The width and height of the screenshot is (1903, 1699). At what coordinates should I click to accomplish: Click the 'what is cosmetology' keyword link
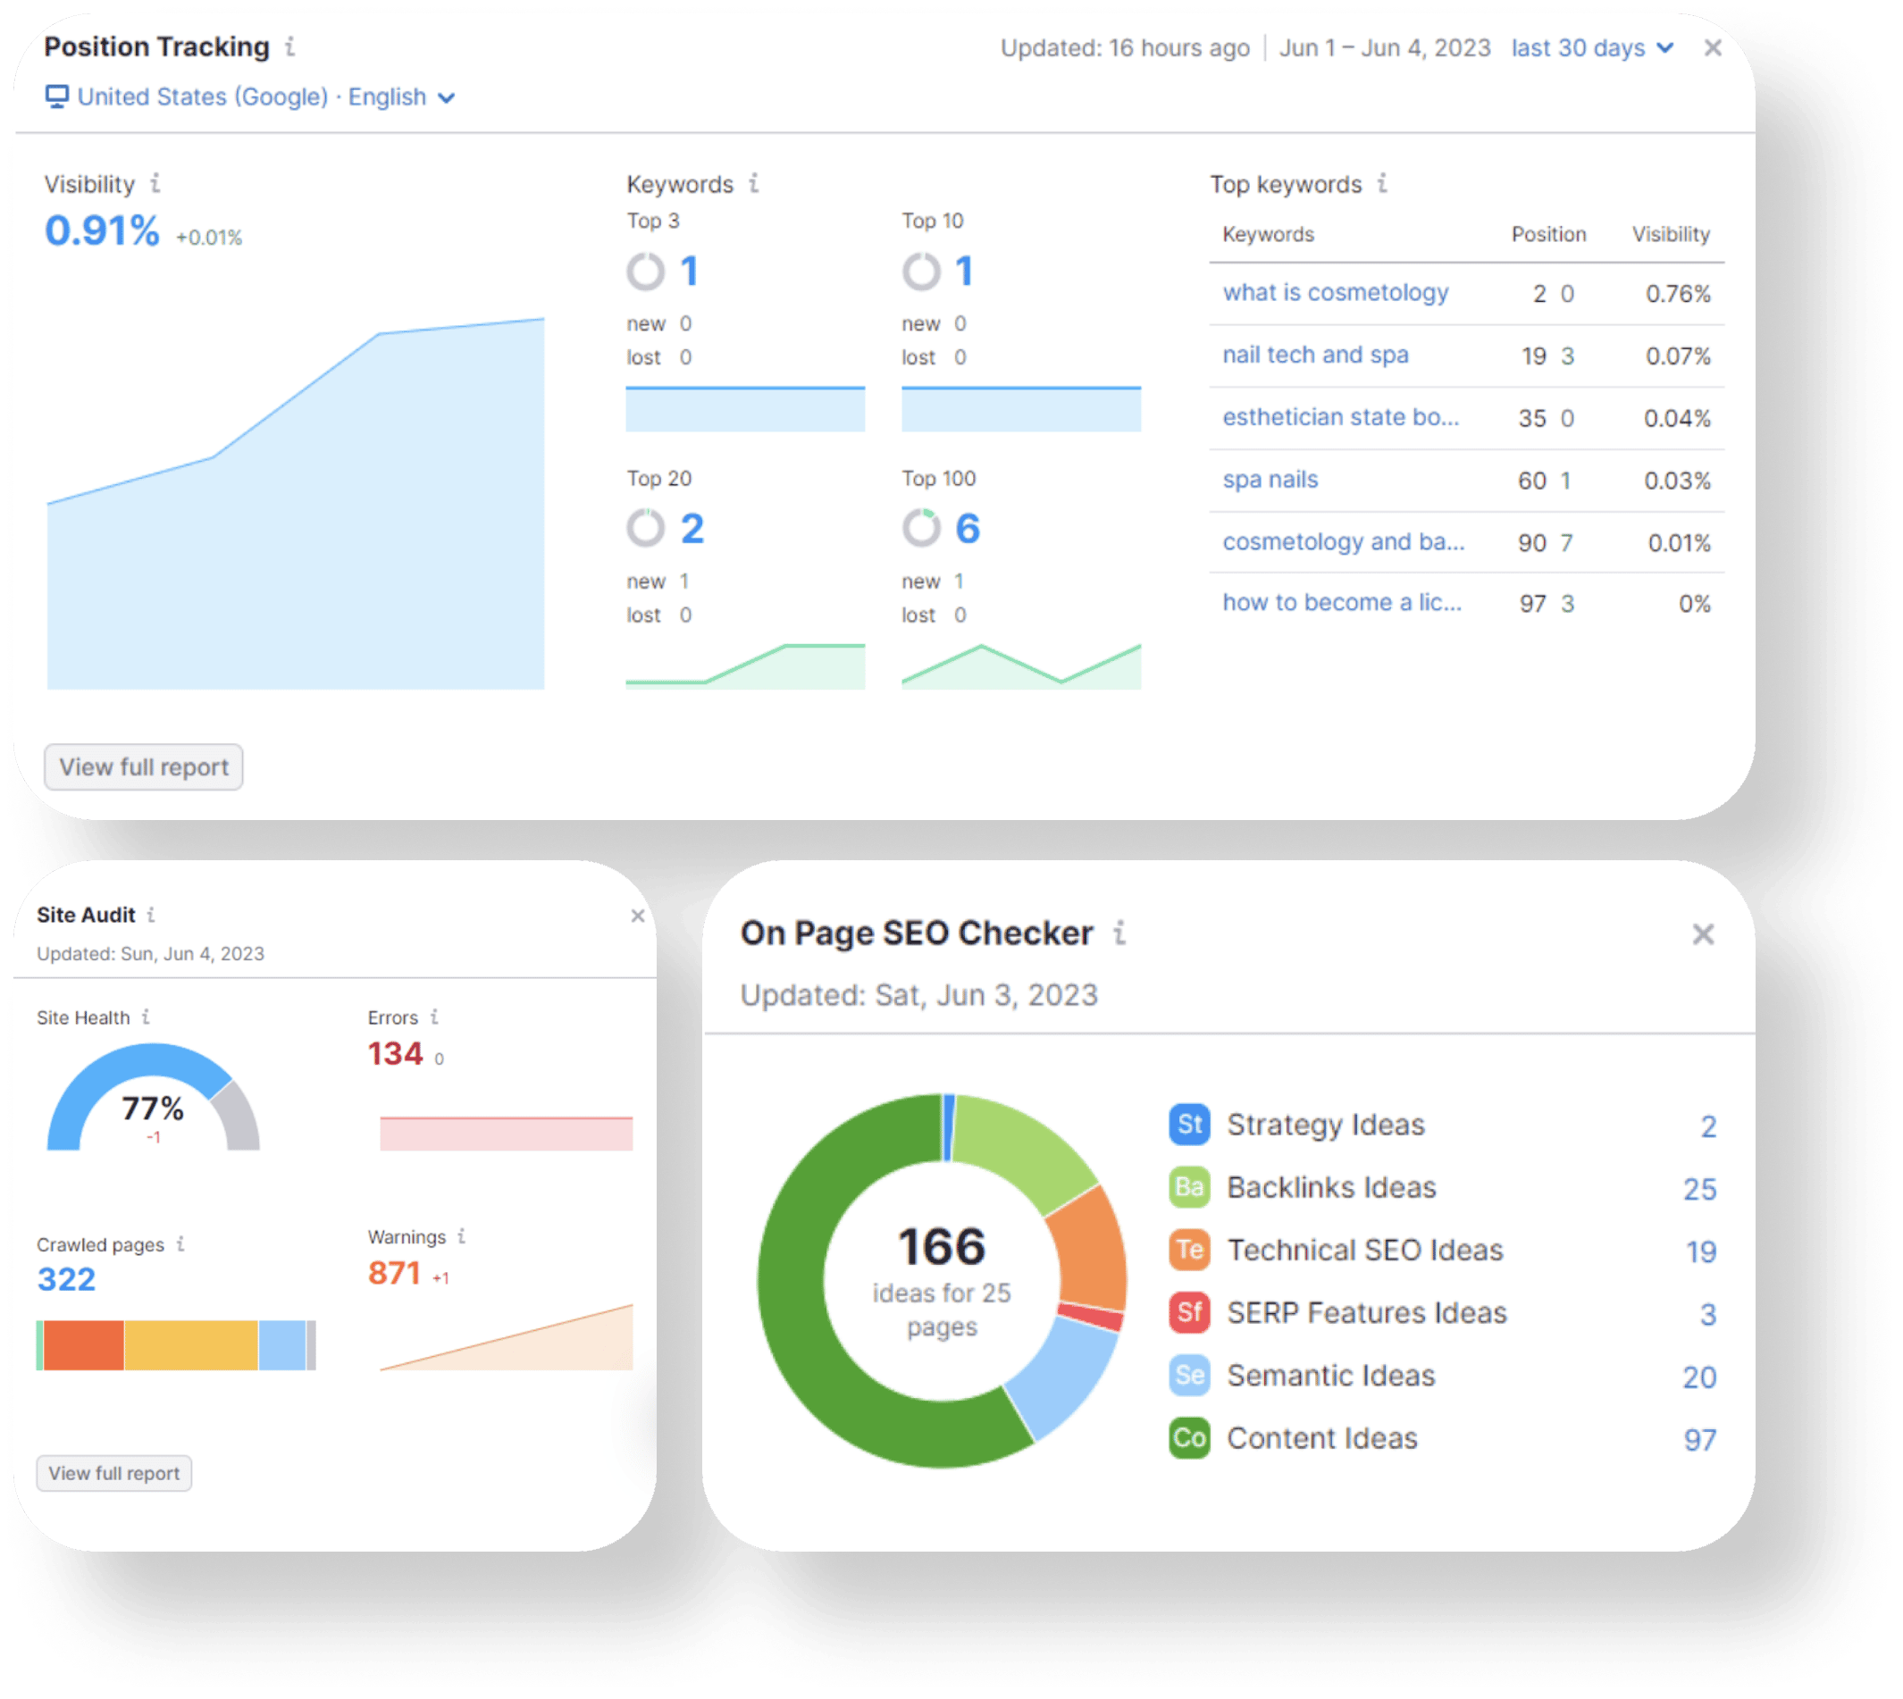pyautogui.click(x=1336, y=293)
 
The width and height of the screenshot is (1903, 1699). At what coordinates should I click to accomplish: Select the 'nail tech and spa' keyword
pyautogui.click(x=1315, y=355)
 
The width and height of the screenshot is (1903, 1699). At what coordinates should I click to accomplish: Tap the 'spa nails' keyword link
pyautogui.click(x=1270, y=480)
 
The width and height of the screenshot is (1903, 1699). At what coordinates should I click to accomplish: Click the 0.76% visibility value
pyautogui.click(x=1677, y=294)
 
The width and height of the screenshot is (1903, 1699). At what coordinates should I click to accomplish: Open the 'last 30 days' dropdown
pyautogui.click(x=1591, y=47)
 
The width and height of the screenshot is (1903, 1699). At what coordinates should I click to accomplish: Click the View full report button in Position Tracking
pyautogui.click(x=144, y=766)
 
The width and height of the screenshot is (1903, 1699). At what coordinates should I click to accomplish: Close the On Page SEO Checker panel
pyautogui.click(x=1702, y=933)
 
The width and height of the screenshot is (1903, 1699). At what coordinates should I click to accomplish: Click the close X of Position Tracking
pyautogui.click(x=1712, y=47)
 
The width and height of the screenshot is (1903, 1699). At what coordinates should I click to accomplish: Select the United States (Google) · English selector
pyautogui.click(x=250, y=97)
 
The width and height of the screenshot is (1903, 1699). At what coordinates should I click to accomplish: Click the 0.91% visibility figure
pyautogui.click(x=102, y=230)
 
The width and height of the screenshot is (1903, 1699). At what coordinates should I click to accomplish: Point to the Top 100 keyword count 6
pyautogui.click(x=967, y=530)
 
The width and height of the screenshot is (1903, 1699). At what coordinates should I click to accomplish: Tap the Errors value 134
pyautogui.click(x=395, y=1054)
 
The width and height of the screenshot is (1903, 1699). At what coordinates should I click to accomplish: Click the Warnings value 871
pyautogui.click(x=394, y=1273)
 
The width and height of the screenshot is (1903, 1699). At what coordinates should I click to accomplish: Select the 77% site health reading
pyautogui.click(x=152, y=1109)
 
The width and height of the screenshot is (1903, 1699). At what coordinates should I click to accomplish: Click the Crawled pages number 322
pyautogui.click(x=66, y=1279)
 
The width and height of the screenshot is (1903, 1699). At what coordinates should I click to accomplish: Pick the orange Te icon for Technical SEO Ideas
pyautogui.click(x=1188, y=1250)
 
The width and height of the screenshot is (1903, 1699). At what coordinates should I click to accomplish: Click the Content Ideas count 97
pyautogui.click(x=1699, y=1439)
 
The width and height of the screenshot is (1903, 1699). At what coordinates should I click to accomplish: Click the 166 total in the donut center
pyautogui.click(x=942, y=1247)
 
